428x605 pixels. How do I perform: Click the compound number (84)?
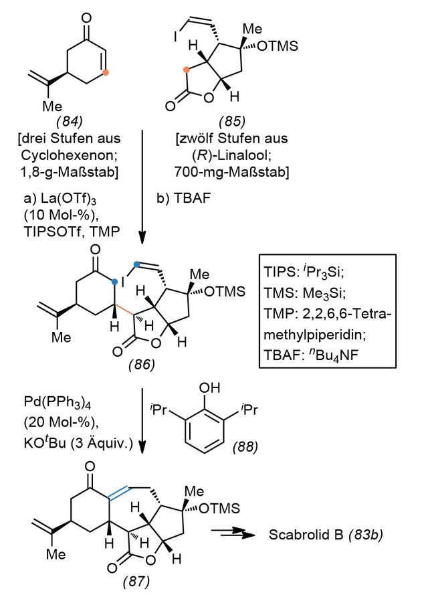70,122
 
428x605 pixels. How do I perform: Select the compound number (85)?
232,122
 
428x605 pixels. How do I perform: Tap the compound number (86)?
142,364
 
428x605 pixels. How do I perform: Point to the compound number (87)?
136,581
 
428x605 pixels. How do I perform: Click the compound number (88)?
245,447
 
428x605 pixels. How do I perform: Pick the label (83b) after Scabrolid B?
366,535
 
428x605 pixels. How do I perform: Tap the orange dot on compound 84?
106,72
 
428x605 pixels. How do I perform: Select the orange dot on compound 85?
187,70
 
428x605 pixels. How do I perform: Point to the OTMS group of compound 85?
278,46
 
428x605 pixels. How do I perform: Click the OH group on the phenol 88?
210,387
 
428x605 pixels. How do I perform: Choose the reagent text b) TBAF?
183,198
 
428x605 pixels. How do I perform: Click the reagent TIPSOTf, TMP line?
72,232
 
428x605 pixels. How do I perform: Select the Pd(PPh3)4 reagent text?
57,402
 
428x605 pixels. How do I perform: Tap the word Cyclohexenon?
70,155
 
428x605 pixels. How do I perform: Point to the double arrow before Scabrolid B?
233,533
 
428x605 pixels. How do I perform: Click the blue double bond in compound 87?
120,493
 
